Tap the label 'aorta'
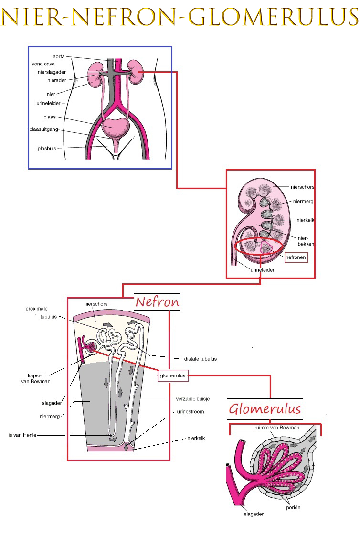click(x=59, y=56)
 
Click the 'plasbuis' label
click(x=47, y=149)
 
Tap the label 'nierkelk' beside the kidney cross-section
click(x=305, y=220)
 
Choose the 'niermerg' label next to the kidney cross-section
click(x=304, y=202)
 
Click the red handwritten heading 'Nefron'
click(x=157, y=302)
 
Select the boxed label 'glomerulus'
click(x=172, y=376)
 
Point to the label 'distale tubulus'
click(x=201, y=359)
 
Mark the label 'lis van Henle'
click(x=21, y=435)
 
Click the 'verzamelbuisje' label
click(x=193, y=398)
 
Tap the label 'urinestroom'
click(x=190, y=411)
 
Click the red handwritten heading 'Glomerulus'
click(x=265, y=409)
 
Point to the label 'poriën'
click(x=293, y=508)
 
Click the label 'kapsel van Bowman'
click(x=36, y=378)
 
